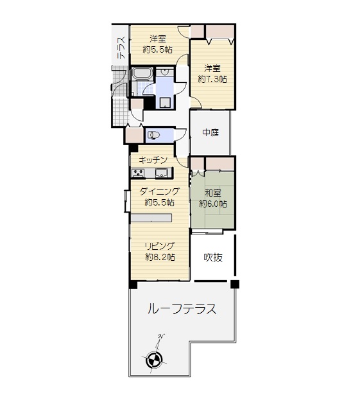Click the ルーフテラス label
click(x=182, y=309)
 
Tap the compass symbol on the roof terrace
click(x=154, y=358)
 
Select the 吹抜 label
click(x=213, y=258)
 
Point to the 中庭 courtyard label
click(x=210, y=132)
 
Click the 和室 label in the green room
click(x=213, y=193)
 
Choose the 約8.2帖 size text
click(x=160, y=257)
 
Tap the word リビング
click(x=160, y=246)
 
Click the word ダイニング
click(x=159, y=191)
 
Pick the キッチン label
click(x=153, y=160)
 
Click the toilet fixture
click(x=153, y=135)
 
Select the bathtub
click(x=142, y=73)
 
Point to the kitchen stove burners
click(x=138, y=173)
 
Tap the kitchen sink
click(x=161, y=173)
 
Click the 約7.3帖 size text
click(x=212, y=79)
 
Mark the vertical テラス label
click(x=122, y=48)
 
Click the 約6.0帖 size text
click(x=213, y=204)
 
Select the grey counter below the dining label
click(x=151, y=218)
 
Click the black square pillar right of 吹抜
click(x=235, y=284)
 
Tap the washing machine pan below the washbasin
click(x=165, y=103)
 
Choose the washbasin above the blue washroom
click(x=165, y=72)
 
